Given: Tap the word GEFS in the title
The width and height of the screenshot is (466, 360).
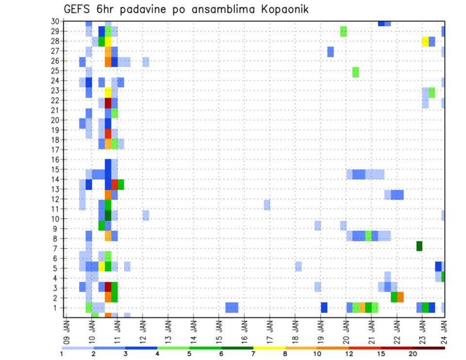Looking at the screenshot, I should pyautogui.click(x=78, y=9).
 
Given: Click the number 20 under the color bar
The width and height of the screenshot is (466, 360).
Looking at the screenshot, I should pyautogui.click(x=413, y=354).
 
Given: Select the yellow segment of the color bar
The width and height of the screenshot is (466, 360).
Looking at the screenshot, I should pyautogui.click(x=269, y=348).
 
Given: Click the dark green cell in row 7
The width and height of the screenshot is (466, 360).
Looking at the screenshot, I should pyautogui.click(x=419, y=246).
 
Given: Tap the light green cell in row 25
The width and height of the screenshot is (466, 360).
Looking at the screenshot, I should pyautogui.click(x=355, y=72).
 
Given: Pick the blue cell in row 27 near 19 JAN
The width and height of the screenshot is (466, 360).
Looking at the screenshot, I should pyautogui.click(x=331, y=51).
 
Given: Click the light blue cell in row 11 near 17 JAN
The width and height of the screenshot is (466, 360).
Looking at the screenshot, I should pyautogui.click(x=267, y=205).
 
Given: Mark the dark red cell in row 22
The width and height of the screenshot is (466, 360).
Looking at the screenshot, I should pyautogui.click(x=108, y=103).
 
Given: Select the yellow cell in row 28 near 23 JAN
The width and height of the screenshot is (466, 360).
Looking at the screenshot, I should pyautogui.click(x=425, y=41).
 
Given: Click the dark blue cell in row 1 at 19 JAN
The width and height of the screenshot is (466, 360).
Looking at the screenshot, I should pyautogui.click(x=324, y=307).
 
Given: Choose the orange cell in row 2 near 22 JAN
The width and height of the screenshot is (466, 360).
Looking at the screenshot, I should pyautogui.click(x=400, y=297).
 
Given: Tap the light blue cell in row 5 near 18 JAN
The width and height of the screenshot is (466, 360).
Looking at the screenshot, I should pyautogui.click(x=298, y=266).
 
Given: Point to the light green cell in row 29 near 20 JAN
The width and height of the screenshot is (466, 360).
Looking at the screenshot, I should pyautogui.click(x=343, y=31).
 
